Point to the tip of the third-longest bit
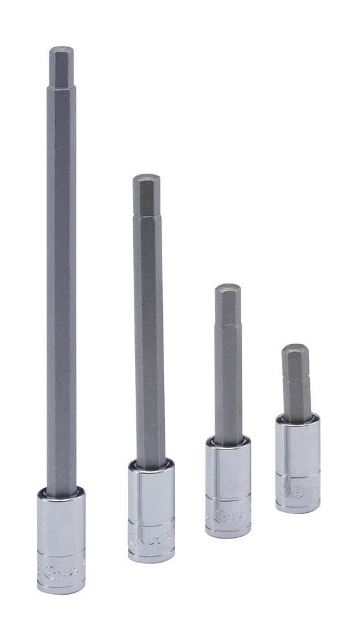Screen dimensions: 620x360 pyautogui.click(x=228, y=287)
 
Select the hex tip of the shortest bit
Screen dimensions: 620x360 pyautogui.click(x=295, y=347)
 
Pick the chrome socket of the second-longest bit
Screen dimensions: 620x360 pyautogui.click(x=151, y=510)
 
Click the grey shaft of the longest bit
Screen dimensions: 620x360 pyautogui.click(x=61, y=291)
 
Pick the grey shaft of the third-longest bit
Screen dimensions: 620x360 pyautogui.click(x=228, y=387)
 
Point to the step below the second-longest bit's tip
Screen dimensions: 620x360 pyautogui.click(x=147, y=215)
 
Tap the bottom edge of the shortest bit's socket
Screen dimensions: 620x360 pyautogui.click(x=297, y=510)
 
